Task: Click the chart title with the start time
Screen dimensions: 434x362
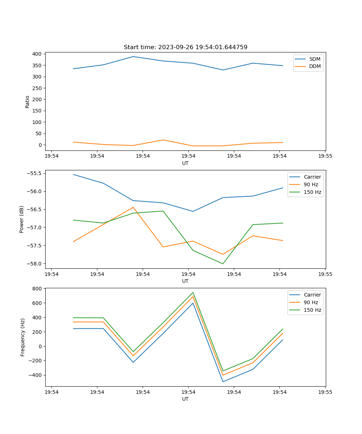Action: coord(185,47)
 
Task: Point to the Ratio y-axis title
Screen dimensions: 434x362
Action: coord(28,102)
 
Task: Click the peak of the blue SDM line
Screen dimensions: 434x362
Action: coord(133,56)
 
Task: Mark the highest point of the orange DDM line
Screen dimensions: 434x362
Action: coord(163,140)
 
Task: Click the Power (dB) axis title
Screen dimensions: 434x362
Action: coord(22,219)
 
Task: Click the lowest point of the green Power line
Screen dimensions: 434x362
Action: coord(223,264)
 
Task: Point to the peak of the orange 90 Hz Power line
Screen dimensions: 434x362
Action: coord(133,207)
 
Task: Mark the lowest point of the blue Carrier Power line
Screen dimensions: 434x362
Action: coord(193,212)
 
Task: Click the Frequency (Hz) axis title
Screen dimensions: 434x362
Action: coord(22,337)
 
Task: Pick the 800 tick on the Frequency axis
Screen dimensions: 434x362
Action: coord(37,289)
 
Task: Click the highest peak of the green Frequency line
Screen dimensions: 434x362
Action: coord(193,293)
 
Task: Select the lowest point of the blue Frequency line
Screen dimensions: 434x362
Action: coord(223,382)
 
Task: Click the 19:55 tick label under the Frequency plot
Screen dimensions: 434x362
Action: coord(325,391)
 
